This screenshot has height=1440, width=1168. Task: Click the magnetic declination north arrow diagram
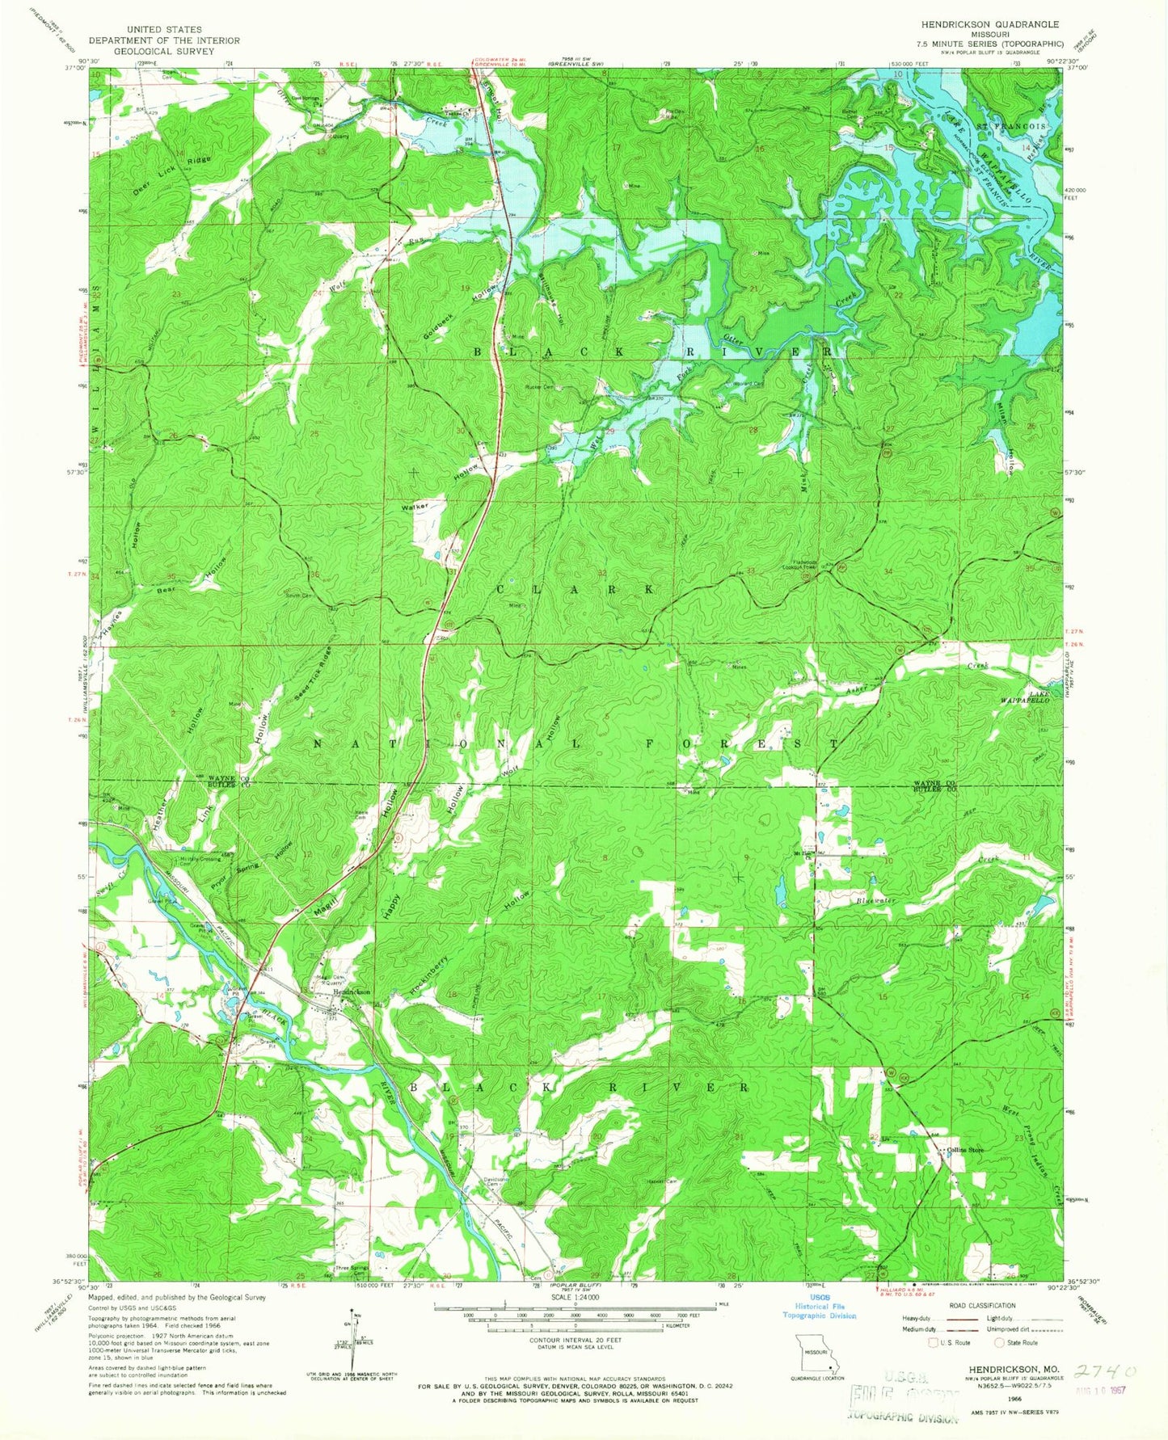coord(356,1342)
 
